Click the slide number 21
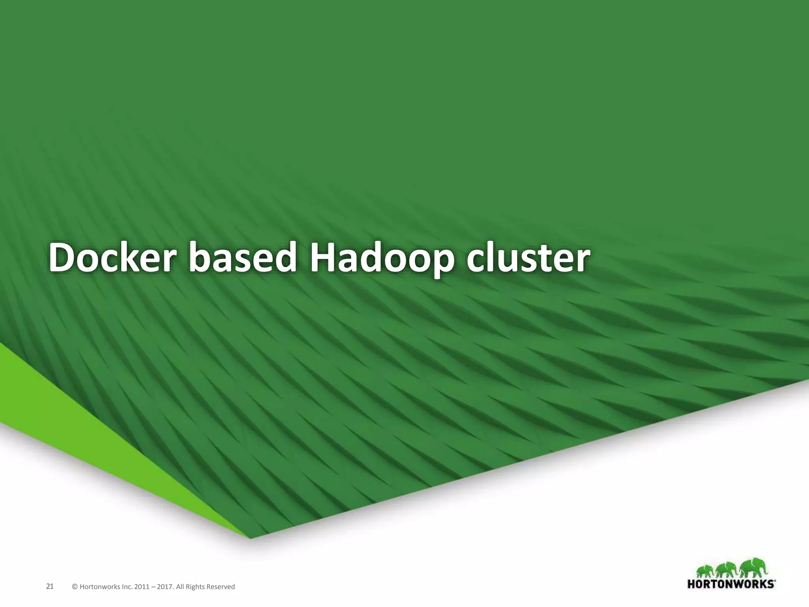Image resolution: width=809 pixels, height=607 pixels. click(50, 586)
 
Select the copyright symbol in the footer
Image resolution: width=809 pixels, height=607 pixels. click(75, 587)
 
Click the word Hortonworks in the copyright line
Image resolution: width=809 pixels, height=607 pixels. click(100, 587)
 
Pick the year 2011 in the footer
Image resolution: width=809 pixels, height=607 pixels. click(142, 587)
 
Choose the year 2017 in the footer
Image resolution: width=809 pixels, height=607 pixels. click(165, 587)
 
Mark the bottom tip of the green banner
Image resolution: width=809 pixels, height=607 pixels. click(250, 538)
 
